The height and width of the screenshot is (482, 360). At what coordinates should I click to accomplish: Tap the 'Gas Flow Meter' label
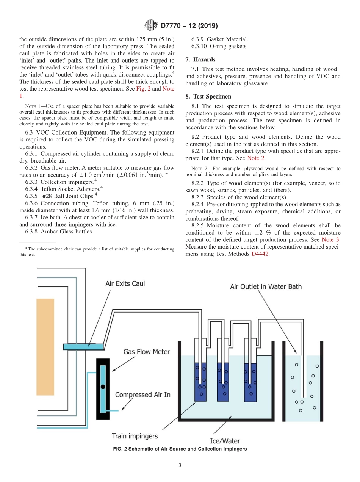pyautogui.click(x=146, y=352)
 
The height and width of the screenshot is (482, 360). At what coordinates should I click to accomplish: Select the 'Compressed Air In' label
pyautogui.click(x=142, y=395)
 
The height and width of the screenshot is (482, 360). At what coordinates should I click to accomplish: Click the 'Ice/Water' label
pyautogui.click(x=225, y=441)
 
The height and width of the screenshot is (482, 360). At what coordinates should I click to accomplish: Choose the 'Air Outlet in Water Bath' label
pyautogui.click(x=266, y=286)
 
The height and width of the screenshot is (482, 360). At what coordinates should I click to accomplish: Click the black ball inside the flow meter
pyautogui.click(x=103, y=387)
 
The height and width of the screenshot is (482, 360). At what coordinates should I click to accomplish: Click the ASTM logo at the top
pyautogui.click(x=151, y=26)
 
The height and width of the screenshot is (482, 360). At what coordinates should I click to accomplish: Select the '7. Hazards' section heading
pyautogui.click(x=200, y=60)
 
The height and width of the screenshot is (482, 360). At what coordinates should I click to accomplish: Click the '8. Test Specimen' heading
pyautogui.click(x=208, y=97)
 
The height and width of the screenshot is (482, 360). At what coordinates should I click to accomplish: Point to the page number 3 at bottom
pyautogui.click(x=180, y=465)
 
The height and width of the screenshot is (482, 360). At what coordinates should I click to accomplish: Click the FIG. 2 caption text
pyautogui.click(x=180, y=449)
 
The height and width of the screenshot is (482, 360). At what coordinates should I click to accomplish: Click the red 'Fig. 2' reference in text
pyautogui.click(x=144, y=89)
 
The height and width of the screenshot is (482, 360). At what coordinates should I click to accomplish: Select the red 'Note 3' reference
pyautogui.click(x=330, y=240)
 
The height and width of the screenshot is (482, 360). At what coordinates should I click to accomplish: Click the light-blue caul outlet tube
pyautogui.click(x=83, y=346)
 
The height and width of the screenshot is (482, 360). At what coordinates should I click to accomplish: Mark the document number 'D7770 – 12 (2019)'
pyautogui.click(x=189, y=26)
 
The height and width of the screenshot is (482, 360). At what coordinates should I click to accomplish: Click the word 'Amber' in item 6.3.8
pyautogui.click(x=49, y=232)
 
